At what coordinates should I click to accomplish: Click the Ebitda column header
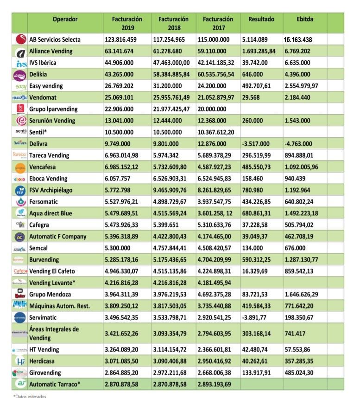tap(304, 19)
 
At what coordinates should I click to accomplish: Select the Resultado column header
tap(261, 19)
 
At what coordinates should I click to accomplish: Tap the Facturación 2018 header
tap(173, 23)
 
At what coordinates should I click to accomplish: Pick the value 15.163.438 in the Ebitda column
tap(304, 40)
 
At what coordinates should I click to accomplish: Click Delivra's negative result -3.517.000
tap(258, 144)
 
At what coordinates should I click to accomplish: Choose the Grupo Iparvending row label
tap(53, 109)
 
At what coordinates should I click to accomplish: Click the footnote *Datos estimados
tap(31, 396)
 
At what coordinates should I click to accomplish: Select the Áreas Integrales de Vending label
tap(54, 333)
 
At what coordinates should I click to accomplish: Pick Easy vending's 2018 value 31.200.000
tap(170, 86)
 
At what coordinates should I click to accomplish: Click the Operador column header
tap(65, 19)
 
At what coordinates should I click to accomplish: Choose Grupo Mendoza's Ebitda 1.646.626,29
tap(309, 294)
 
